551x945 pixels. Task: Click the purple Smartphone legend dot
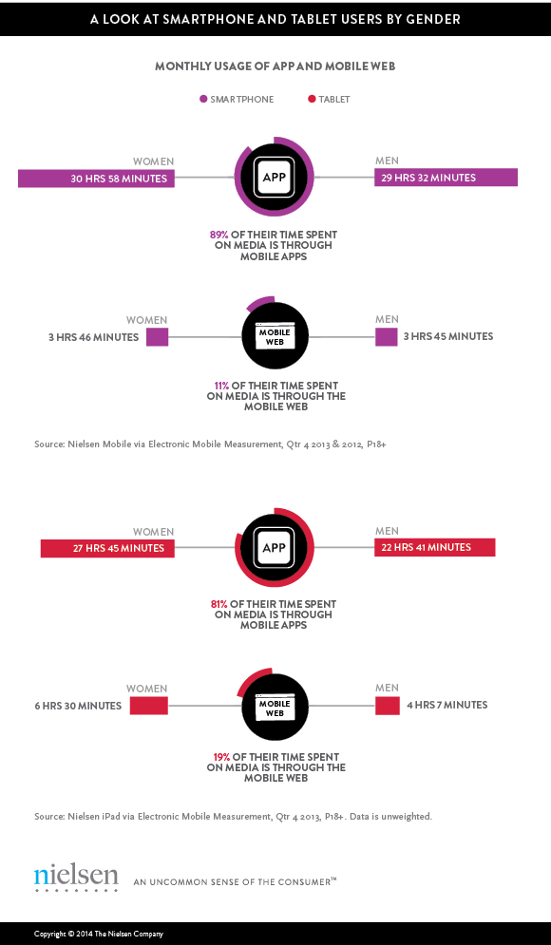203,99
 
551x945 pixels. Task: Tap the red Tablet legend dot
313,99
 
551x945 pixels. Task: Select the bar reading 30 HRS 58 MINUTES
97,179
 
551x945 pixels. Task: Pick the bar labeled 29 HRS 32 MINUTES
446,178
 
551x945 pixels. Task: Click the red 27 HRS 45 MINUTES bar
107,548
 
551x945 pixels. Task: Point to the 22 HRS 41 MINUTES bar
435,547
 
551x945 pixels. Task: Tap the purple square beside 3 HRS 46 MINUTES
158,337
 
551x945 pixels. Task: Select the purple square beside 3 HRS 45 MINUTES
387,337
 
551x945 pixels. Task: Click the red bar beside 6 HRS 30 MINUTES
149,706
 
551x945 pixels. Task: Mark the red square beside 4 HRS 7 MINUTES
388,706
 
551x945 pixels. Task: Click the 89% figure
219,235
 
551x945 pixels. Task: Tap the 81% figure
219,604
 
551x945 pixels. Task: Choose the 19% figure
220,757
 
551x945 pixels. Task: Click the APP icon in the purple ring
274,178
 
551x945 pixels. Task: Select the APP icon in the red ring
274,548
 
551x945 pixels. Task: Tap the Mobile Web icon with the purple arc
275,335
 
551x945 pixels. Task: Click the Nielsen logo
76,879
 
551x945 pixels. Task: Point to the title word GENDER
429,19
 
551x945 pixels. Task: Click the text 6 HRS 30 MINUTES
78,706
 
